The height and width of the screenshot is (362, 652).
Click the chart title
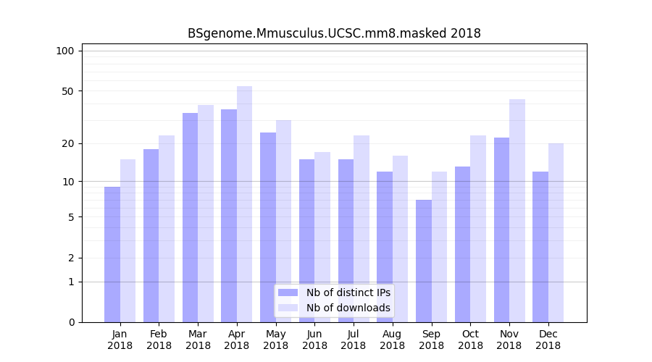click(334, 33)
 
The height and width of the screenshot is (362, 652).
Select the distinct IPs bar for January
click(112, 254)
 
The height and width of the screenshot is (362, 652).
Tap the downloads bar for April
click(245, 204)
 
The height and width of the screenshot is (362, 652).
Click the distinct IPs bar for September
click(424, 261)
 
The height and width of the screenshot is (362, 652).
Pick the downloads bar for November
click(517, 211)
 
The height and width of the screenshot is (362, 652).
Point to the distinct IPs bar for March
click(190, 217)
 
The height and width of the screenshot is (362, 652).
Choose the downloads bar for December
click(556, 232)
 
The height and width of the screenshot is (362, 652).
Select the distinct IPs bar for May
click(268, 227)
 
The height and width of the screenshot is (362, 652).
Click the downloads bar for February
click(167, 229)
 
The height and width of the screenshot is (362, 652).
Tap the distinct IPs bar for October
click(463, 244)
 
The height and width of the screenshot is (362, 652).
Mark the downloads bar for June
click(322, 237)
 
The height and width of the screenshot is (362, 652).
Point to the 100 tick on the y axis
click(65, 51)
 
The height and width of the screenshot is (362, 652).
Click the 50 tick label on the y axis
click(68, 91)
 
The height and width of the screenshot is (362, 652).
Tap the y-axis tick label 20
click(68, 143)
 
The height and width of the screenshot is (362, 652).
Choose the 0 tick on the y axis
click(71, 322)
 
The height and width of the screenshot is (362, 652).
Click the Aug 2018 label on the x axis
click(393, 340)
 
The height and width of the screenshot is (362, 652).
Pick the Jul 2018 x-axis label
click(354, 340)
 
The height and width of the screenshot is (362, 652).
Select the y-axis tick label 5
click(71, 217)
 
